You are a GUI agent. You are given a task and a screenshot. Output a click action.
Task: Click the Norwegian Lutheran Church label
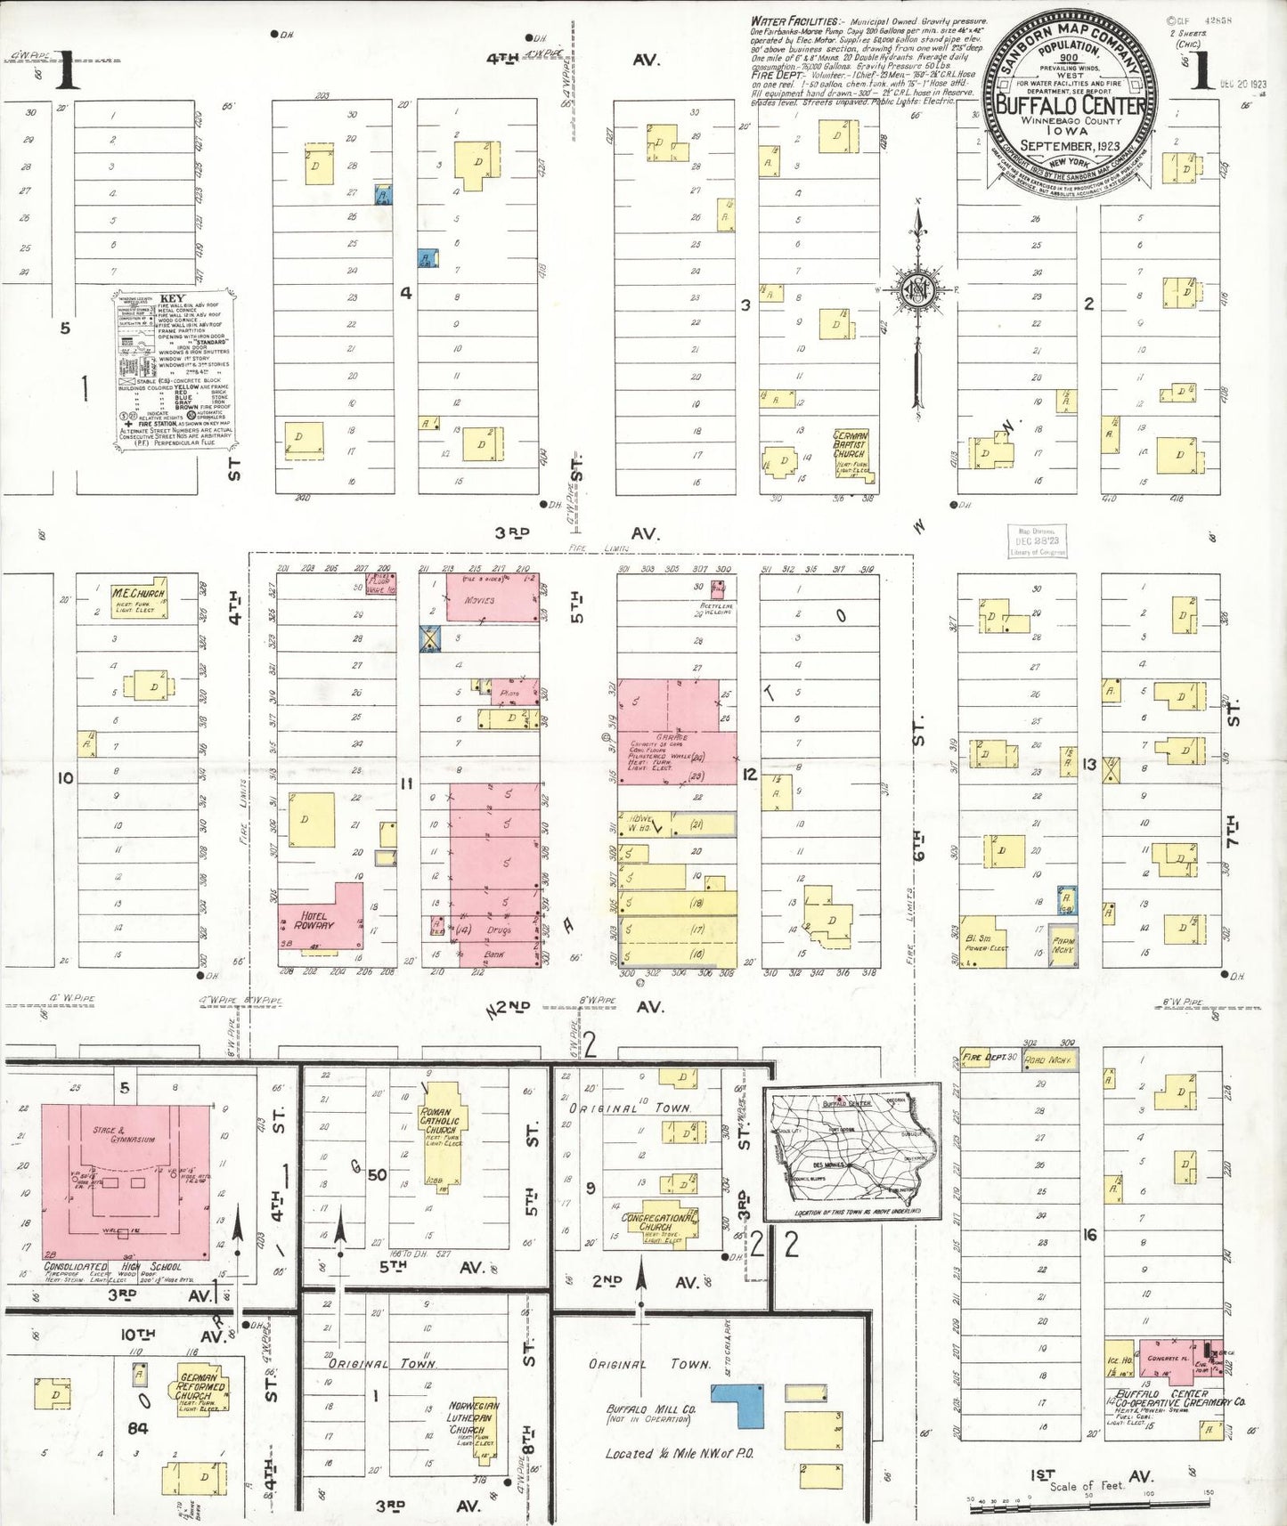473,1417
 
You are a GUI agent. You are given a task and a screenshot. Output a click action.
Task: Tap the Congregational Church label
656,1222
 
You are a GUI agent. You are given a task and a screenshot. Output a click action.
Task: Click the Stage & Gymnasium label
124,1133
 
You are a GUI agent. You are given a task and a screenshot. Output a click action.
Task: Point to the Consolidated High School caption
113,1266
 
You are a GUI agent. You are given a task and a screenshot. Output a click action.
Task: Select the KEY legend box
175,369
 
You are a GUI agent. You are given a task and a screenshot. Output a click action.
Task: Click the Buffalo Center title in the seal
1070,105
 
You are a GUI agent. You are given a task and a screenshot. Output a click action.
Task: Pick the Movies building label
480,600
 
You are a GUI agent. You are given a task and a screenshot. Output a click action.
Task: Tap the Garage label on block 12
672,737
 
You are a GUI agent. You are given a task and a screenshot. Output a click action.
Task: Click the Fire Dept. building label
985,1057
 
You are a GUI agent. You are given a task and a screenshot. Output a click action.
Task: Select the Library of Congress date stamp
1037,540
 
